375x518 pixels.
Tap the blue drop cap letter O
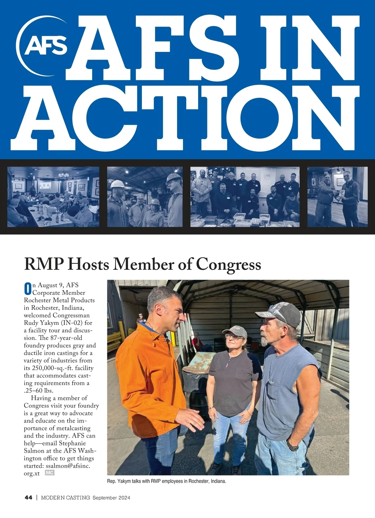point(28,289)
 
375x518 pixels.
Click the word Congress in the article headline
point(228,264)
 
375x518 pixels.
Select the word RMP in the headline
point(44,264)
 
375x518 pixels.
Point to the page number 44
point(28,497)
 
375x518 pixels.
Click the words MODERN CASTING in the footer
point(65,497)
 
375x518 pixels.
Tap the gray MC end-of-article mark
point(50,473)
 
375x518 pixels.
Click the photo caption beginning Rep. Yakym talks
point(167,481)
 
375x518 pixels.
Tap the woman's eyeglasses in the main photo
point(233,337)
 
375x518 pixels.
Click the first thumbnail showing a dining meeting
point(53,197)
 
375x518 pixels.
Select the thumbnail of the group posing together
point(245,197)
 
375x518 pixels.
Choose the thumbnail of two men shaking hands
point(337,197)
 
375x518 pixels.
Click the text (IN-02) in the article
point(71,323)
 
